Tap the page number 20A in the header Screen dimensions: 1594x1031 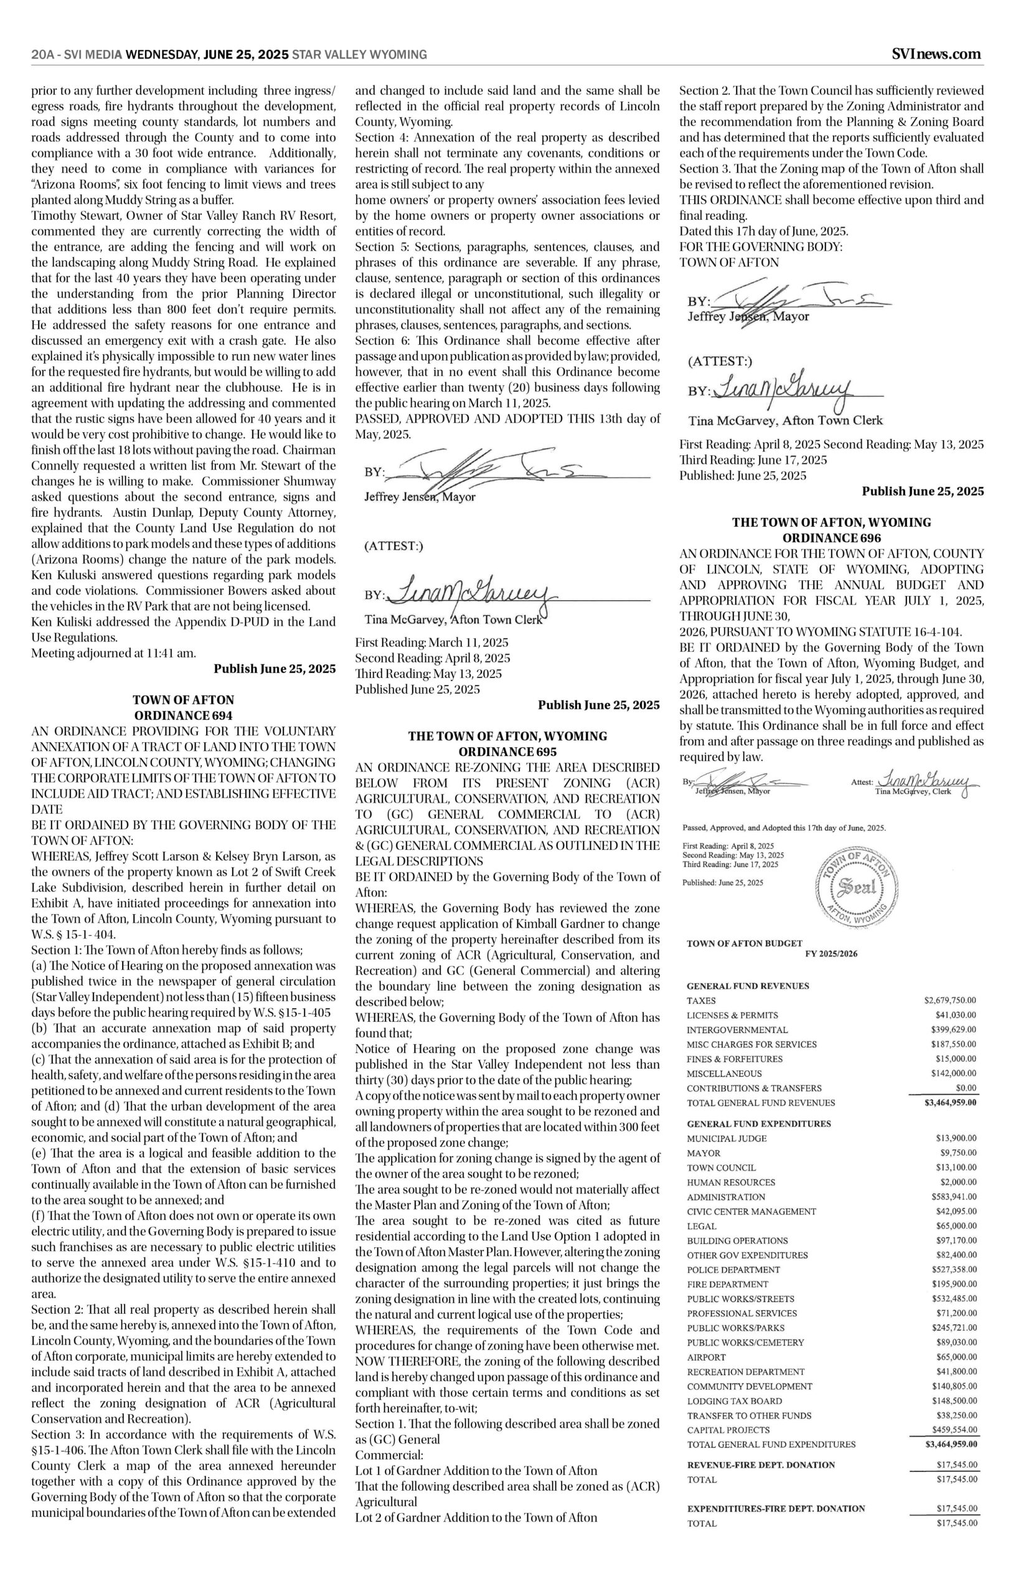coord(43,55)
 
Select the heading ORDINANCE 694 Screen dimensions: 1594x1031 coord(184,715)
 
